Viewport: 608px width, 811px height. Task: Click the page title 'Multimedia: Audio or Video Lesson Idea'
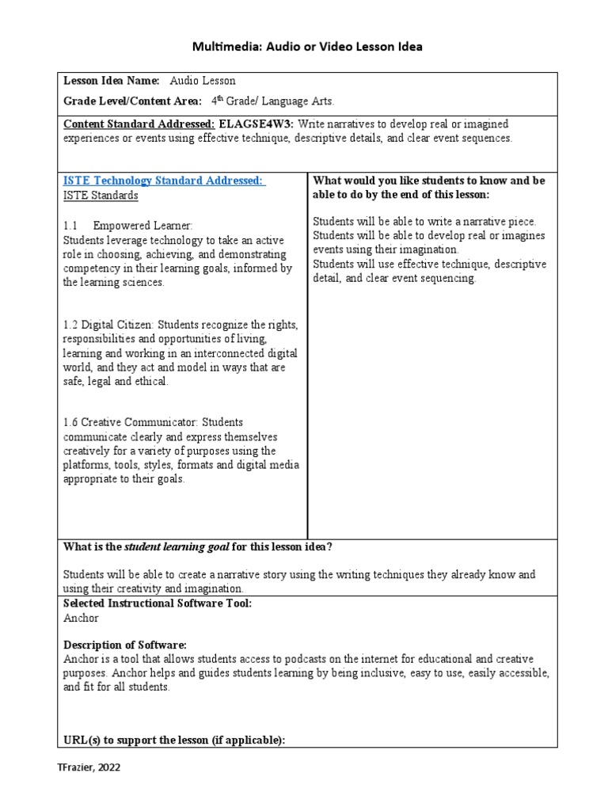tap(308, 47)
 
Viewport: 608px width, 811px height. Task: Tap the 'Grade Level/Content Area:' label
tap(127, 101)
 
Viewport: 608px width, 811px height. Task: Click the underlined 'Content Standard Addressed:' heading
tap(139, 124)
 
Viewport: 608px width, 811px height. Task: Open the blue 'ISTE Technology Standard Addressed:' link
tap(164, 181)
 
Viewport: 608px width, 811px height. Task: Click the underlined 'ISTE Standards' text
tap(101, 196)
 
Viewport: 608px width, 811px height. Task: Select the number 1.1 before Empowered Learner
tap(71, 226)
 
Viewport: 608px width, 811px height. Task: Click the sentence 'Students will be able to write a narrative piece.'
tap(424, 221)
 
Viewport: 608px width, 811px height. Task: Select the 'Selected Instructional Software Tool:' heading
tap(158, 603)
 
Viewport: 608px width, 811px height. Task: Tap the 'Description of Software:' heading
tap(124, 645)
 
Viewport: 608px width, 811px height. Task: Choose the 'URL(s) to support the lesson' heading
tap(173, 740)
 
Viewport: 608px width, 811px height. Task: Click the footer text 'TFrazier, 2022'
tap(88, 767)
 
